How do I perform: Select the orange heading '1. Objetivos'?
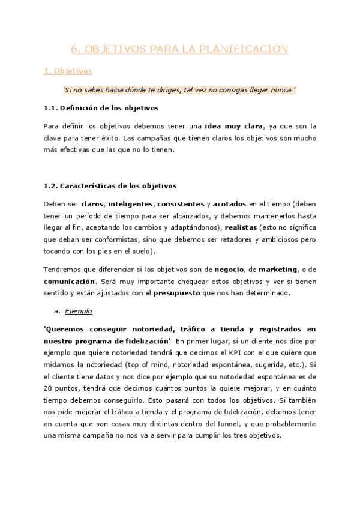click(x=68, y=71)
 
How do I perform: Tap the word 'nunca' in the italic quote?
click(x=278, y=90)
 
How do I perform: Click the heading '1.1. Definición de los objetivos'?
click(x=101, y=108)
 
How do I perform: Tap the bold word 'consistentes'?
click(x=181, y=204)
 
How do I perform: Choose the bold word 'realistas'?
click(x=241, y=228)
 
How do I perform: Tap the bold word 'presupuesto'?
click(x=178, y=293)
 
